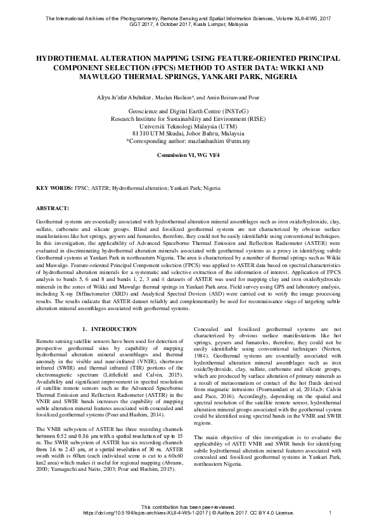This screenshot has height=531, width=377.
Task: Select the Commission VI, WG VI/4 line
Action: pos(188,154)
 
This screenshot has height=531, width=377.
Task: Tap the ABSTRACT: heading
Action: pos(53,208)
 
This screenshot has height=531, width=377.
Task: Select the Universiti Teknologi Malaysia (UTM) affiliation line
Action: pos(188,126)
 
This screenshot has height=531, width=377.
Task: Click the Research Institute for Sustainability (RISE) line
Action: pos(188,118)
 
